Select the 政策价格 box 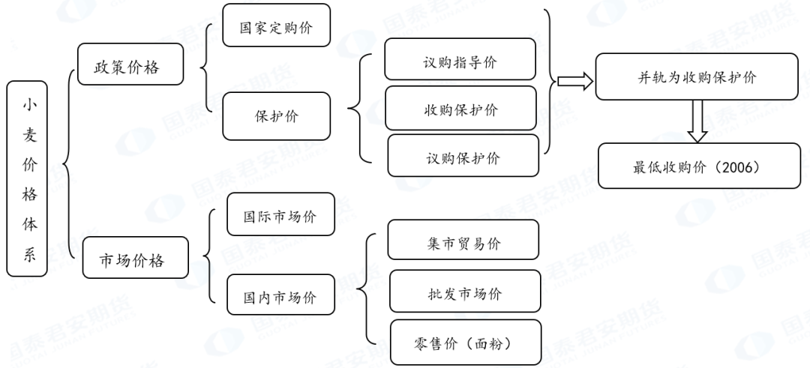click(127, 67)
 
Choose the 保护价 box click(277, 116)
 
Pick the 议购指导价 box click(460, 61)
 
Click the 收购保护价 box click(460, 109)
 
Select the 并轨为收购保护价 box click(697, 77)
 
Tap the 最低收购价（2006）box click(698, 166)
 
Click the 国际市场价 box click(280, 216)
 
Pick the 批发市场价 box click(464, 292)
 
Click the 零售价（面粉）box click(465, 343)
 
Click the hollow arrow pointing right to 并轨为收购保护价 click(575, 80)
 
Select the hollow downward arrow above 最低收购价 click(698, 121)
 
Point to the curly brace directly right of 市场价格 click(208, 259)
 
